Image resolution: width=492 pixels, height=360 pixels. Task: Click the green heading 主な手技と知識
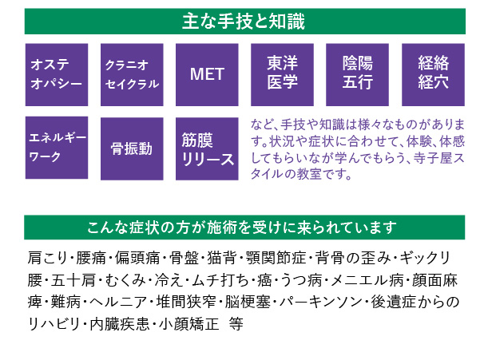pos(244,19)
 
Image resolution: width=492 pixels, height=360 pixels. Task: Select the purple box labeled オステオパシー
pos(57,74)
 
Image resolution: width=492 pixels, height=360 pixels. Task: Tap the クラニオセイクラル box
pos(132,74)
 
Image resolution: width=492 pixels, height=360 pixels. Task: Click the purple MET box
pos(207,74)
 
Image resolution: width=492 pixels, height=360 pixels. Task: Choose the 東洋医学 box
pos(282,74)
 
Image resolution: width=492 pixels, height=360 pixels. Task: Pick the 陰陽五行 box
pos(357,74)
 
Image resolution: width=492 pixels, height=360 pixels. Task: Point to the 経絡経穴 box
pos(432,74)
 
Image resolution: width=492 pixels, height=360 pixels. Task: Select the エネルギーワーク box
pos(57,147)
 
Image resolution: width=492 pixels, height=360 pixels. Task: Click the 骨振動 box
pos(132,148)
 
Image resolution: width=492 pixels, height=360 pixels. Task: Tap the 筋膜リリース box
pos(207,148)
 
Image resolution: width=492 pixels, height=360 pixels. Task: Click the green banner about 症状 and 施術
pos(244,227)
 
